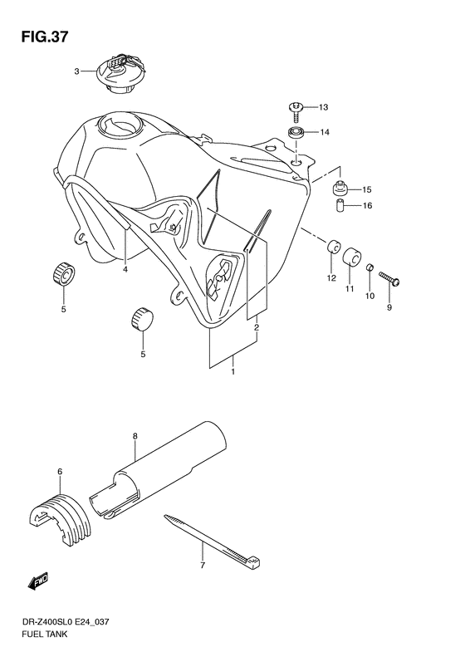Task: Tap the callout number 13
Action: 323,107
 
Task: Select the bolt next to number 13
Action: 296,106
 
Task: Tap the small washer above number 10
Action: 371,270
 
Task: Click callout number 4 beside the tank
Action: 125,268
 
